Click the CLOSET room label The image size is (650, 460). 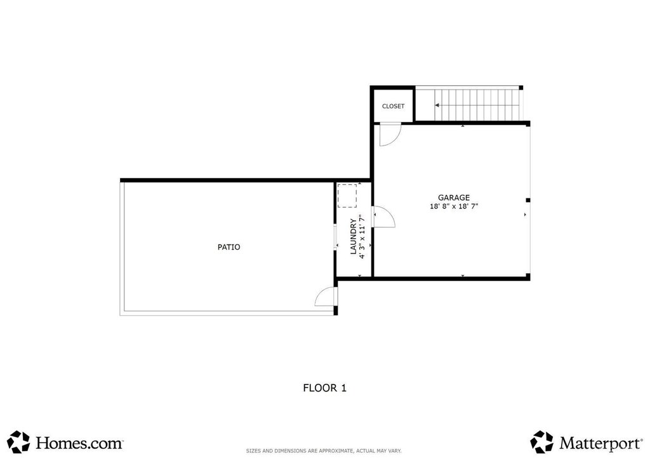(393, 106)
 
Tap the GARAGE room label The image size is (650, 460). (454, 198)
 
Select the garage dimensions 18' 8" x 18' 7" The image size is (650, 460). (454, 206)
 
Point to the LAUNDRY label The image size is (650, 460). (353, 236)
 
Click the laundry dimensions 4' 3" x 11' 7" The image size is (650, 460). (362, 236)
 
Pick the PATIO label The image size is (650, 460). (229, 247)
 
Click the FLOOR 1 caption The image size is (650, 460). (324, 388)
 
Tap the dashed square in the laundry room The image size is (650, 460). (347, 196)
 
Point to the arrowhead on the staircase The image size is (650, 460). (437, 105)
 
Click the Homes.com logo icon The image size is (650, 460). (18, 442)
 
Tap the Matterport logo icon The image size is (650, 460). (542, 442)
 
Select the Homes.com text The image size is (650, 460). (79, 443)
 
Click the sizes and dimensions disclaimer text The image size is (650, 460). (324, 451)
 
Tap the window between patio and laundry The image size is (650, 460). (335, 238)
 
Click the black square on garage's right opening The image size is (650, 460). (528, 200)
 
